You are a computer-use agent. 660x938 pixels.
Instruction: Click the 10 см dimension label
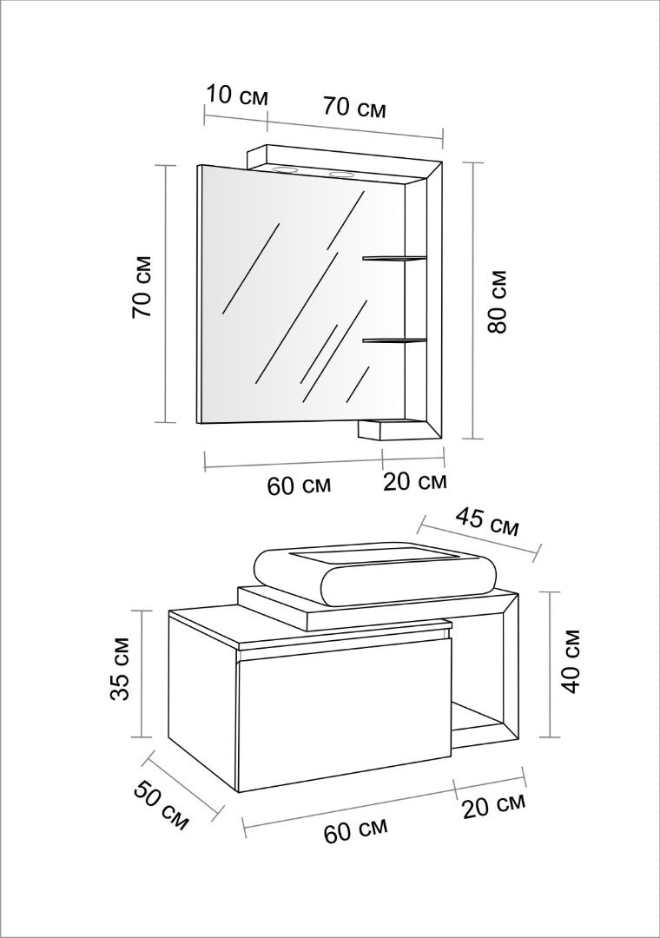pyautogui.click(x=237, y=96)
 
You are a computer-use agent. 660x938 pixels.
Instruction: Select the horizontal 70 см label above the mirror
pyautogui.click(x=354, y=108)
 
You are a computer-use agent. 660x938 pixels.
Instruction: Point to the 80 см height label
pyautogui.click(x=498, y=301)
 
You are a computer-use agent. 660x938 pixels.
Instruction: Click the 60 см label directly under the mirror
pyautogui.click(x=300, y=485)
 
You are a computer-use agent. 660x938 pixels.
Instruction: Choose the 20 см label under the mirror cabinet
pyautogui.click(x=415, y=481)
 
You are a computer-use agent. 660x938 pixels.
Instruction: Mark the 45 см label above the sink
pyautogui.click(x=486, y=522)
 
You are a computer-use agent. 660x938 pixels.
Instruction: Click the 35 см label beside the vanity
pyautogui.click(x=120, y=670)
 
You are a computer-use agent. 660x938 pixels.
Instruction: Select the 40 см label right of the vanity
pyautogui.click(x=572, y=661)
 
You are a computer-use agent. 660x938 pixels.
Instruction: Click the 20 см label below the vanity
pyautogui.click(x=494, y=806)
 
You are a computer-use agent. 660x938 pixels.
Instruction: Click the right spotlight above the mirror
pyautogui.click(x=341, y=175)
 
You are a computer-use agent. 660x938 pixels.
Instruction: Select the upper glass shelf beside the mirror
pyautogui.click(x=394, y=259)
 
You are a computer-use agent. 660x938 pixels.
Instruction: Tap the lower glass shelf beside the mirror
pyautogui.click(x=394, y=341)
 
